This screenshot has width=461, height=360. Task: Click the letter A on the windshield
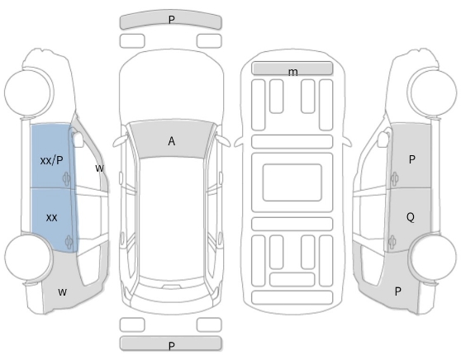[172, 141]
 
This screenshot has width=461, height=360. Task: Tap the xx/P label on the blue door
[51, 160]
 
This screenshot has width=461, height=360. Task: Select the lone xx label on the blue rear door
[52, 218]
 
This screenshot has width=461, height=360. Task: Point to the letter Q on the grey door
[411, 217]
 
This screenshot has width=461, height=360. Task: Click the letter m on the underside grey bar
[292, 72]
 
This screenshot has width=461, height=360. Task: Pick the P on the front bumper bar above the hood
[172, 20]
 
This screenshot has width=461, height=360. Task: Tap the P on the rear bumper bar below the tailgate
[172, 346]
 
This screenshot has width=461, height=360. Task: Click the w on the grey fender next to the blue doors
[62, 291]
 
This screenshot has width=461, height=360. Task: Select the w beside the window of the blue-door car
[100, 168]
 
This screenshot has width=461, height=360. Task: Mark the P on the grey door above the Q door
[412, 159]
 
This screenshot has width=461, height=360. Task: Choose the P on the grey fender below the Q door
[397, 291]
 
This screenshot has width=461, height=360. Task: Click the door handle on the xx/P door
[66, 178]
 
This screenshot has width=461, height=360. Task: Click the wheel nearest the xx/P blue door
[27, 92]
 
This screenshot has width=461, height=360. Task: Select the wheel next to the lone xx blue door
[29, 257]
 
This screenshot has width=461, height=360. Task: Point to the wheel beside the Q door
[433, 257]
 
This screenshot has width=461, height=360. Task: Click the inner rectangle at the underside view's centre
[292, 182]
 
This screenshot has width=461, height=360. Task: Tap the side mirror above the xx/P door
[78, 139]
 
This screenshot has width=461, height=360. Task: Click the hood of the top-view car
[172, 85]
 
